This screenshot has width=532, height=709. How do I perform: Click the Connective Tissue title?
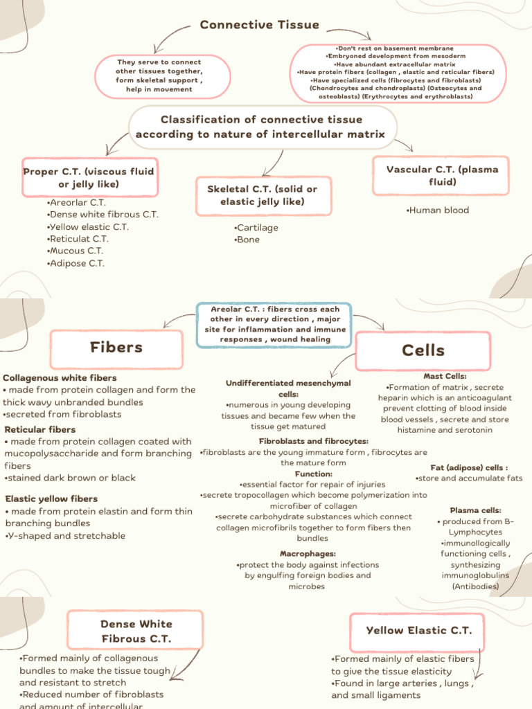260,25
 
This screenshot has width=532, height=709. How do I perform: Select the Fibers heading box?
116,348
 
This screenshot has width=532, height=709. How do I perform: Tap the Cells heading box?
423,351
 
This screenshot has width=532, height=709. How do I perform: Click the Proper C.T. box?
89,177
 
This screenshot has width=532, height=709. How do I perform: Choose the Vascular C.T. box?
442,175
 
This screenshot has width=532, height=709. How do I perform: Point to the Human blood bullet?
438,210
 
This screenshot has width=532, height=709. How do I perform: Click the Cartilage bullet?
256,227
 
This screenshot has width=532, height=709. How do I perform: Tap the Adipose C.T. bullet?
76,263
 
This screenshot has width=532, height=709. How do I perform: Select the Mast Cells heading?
445,376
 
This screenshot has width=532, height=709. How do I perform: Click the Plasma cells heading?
476,510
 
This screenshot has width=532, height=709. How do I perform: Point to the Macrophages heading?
308,554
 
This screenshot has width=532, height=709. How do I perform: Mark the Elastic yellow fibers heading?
52,499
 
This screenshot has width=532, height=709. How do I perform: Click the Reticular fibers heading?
40,430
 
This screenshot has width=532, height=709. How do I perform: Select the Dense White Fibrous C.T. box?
136,631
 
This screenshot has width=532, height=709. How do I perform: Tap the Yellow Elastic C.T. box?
419,630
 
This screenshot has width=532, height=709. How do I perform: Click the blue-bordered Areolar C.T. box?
273,324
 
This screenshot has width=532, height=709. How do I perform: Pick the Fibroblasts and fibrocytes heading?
313,441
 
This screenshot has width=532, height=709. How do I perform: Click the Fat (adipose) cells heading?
469,467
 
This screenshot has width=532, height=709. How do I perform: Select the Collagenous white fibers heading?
60,378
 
